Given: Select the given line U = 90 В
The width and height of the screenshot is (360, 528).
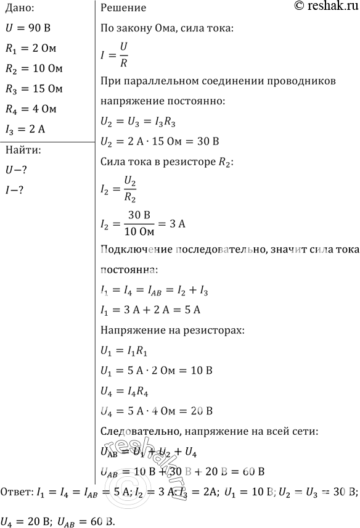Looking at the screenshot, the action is (30, 28).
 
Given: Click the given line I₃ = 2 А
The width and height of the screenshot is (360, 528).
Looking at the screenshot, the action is (27, 130).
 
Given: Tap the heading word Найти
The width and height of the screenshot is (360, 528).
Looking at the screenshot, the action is (23, 150).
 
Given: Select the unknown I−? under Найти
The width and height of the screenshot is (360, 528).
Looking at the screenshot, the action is (14, 190).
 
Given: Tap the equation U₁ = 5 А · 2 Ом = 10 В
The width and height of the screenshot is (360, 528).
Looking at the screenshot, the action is (156, 371).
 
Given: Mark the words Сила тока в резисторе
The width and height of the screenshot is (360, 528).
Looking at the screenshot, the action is (151, 163).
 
